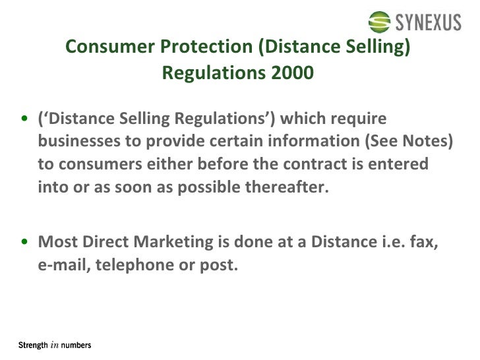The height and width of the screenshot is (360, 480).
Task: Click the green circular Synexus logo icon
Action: coord(380,22)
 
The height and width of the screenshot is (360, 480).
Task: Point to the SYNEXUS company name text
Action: coord(429,23)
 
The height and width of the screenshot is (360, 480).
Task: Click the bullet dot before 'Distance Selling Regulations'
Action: coord(24,120)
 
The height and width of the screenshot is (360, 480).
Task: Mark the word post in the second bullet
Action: coord(218,266)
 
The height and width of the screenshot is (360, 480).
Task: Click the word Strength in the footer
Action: coord(32,345)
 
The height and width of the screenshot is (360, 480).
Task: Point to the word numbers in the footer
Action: coord(76,345)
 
